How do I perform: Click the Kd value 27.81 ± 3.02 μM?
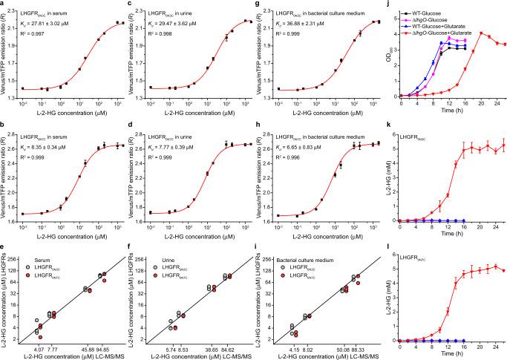tap(56, 25)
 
